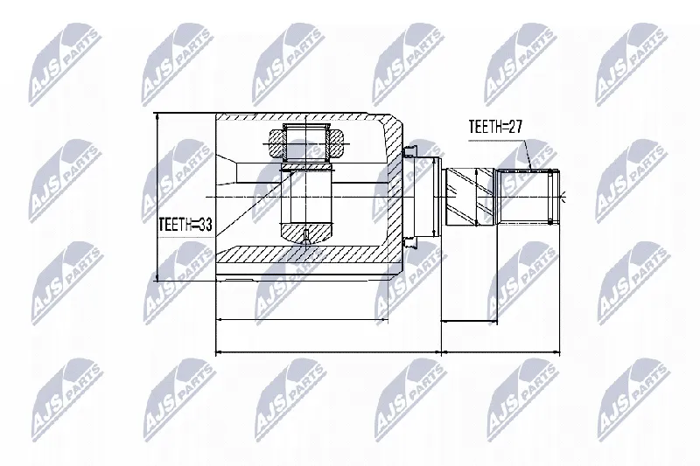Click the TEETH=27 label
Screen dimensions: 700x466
point(494,127)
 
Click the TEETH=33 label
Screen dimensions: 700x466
point(185,225)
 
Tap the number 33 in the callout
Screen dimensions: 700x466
point(205,225)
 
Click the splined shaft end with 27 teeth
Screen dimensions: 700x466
point(528,197)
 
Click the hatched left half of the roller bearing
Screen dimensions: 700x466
point(276,144)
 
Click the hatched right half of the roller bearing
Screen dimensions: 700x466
point(335,144)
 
